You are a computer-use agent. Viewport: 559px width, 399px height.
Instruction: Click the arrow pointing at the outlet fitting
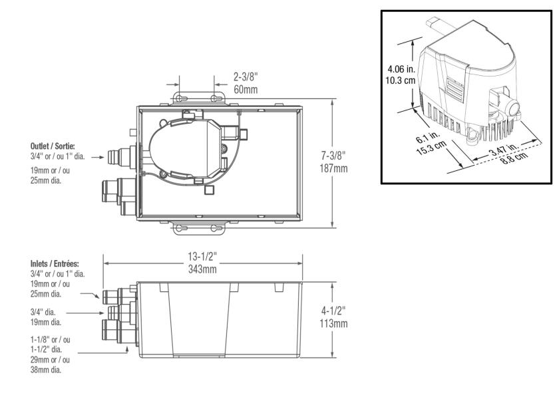pos(98,157)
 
